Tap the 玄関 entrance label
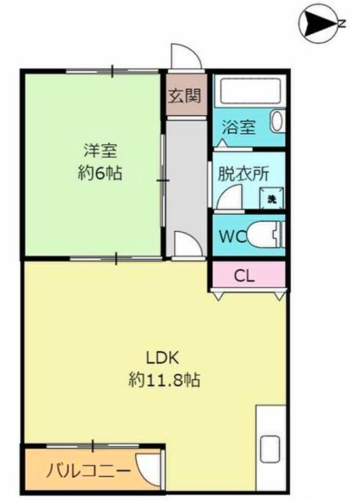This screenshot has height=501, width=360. pos(185,96)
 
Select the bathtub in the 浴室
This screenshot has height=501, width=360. pos(250,90)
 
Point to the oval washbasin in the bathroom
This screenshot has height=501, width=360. pos(278,121)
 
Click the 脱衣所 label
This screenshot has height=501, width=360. pos(243,174)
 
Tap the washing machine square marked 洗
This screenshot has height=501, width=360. pos(272,199)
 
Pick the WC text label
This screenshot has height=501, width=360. pos(233,237)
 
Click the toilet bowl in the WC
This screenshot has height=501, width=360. pos(264,234)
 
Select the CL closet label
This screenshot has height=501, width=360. pos(245,275)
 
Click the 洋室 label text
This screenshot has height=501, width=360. pos(100,151)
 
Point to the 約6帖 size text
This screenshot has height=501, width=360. pos(100,173)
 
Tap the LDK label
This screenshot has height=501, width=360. pos(162,358)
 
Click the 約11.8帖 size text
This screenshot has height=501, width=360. pos(164,380)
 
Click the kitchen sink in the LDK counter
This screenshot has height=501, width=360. pos(270,449)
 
